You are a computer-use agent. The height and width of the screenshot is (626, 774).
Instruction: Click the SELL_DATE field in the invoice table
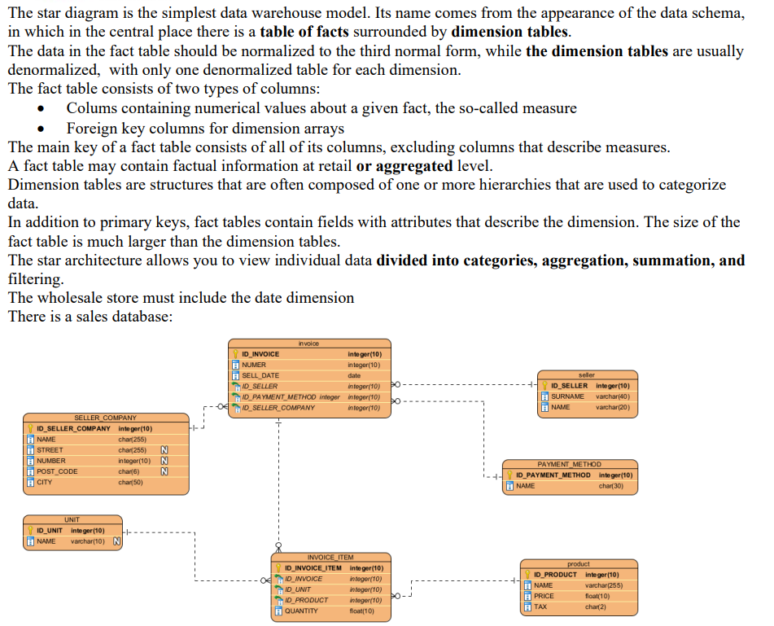point(260,375)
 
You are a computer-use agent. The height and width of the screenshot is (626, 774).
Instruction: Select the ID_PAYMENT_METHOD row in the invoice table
point(290,396)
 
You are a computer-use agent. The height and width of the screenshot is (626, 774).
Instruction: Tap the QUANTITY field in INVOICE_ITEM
point(301,611)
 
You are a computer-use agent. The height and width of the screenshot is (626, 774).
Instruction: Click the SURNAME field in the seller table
point(567,396)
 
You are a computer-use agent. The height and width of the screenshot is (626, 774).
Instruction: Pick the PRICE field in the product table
point(544,596)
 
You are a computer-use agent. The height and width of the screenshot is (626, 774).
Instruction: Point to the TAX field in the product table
point(540,606)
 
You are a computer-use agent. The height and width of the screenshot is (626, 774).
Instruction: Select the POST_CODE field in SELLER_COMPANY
point(57,471)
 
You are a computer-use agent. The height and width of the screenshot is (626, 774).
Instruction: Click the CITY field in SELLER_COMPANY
point(45,483)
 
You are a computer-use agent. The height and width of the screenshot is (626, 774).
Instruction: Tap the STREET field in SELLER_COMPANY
point(50,450)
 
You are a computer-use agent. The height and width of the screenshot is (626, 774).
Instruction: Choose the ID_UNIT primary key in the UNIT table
point(50,531)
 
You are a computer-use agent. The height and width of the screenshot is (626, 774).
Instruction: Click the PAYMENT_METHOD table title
point(569,464)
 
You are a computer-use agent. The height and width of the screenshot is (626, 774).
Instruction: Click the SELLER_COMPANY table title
point(106,418)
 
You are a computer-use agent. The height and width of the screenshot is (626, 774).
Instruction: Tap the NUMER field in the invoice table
point(254,365)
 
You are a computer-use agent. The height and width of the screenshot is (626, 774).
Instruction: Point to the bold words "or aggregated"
point(404,166)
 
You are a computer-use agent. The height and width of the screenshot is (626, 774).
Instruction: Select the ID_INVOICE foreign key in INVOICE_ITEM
point(303,579)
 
